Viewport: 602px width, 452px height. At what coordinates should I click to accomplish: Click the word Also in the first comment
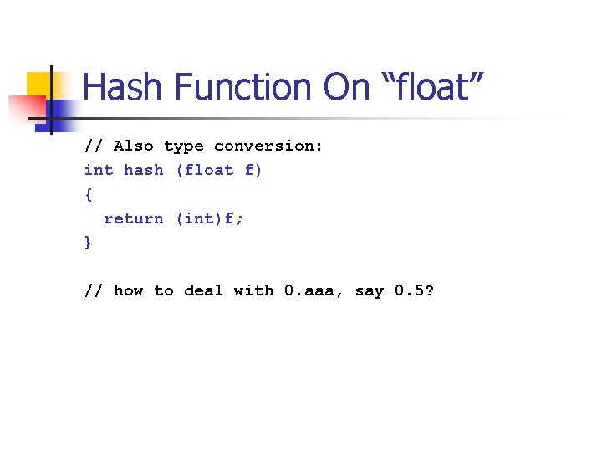pyautogui.click(x=134, y=146)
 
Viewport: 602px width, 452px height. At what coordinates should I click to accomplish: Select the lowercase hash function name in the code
pyautogui.click(x=144, y=170)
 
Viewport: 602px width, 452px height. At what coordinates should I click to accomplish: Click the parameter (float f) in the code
pyautogui.click(x=219, y=170)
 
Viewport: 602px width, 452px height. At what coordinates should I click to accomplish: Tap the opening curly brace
pyautogui.click(x=89, y=194)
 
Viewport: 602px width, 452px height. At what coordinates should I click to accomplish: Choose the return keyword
pyautogui.click(x=134, y=218)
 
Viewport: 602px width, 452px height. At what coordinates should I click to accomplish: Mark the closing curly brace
pyautogui.click(x=89, y=243)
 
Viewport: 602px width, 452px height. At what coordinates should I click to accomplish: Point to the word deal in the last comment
pyautogui.click(x=204, y=290)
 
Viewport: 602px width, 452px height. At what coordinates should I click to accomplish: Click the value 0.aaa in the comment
pyautogui.click(x=314, y=290)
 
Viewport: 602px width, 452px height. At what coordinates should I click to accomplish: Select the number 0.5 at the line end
pyautogui.click(x=414, y=290)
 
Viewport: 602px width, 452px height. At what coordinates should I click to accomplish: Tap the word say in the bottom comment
pyautogui.click(x=370, y=290)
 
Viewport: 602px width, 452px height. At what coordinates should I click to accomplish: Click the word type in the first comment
pyautogui.click(x=184, y=146)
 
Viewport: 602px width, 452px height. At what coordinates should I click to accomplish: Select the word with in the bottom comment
pyautogui.click(x=253, y=290)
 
